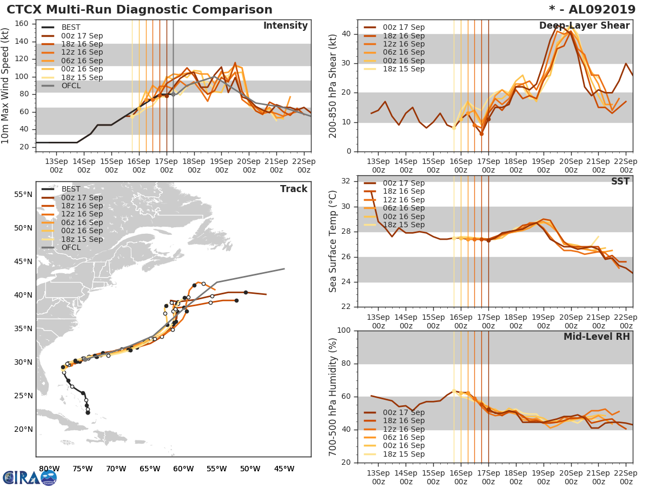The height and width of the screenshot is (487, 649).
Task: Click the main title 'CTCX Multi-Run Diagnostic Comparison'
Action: point(140,10)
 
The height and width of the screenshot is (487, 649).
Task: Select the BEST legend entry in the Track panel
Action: point(71,189)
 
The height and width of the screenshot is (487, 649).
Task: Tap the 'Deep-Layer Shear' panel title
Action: point(584,26)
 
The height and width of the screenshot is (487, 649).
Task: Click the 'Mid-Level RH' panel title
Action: point(596,337)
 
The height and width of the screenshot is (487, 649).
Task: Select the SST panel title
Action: point(620,182)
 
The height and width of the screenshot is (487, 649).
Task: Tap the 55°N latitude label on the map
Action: point(23,194)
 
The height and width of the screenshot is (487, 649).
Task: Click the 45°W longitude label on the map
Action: point(284,469)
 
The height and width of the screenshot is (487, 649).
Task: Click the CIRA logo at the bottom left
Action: point(30,477)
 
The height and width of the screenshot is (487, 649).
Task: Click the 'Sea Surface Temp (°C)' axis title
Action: point(334,241)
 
